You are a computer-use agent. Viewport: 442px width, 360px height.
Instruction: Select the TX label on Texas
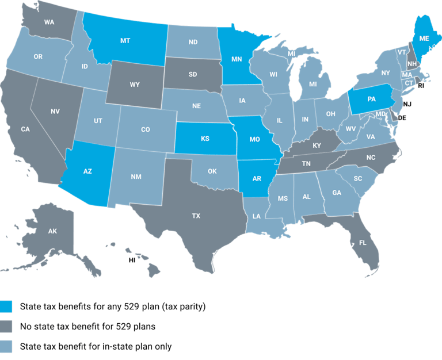[x=196, y=216]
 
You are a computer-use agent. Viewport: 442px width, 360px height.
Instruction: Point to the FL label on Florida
[x=363, y=243]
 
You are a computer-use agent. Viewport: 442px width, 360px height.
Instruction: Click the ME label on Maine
[x=424, y=39]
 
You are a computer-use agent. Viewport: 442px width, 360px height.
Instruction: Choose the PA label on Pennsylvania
[x=372, y=99]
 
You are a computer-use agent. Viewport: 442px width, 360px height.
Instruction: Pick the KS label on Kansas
[x=205, y=139]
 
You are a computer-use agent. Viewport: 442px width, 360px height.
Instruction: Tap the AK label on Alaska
[x=52, y=231]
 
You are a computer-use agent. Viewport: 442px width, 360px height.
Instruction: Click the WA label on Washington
[x=50, y=24]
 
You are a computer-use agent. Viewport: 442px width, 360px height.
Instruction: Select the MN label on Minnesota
[x=236, y=59]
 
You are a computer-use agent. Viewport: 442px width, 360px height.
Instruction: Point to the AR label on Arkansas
[x=257, y=178]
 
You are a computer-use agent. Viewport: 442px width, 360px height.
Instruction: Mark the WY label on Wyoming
[x=135, y=85]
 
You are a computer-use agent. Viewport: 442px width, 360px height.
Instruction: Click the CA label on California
[x=25, y=129]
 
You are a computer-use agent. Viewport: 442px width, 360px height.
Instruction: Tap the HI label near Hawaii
[x=131, y=260]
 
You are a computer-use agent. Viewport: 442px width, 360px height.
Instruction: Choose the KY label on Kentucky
[x=317, y=145]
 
